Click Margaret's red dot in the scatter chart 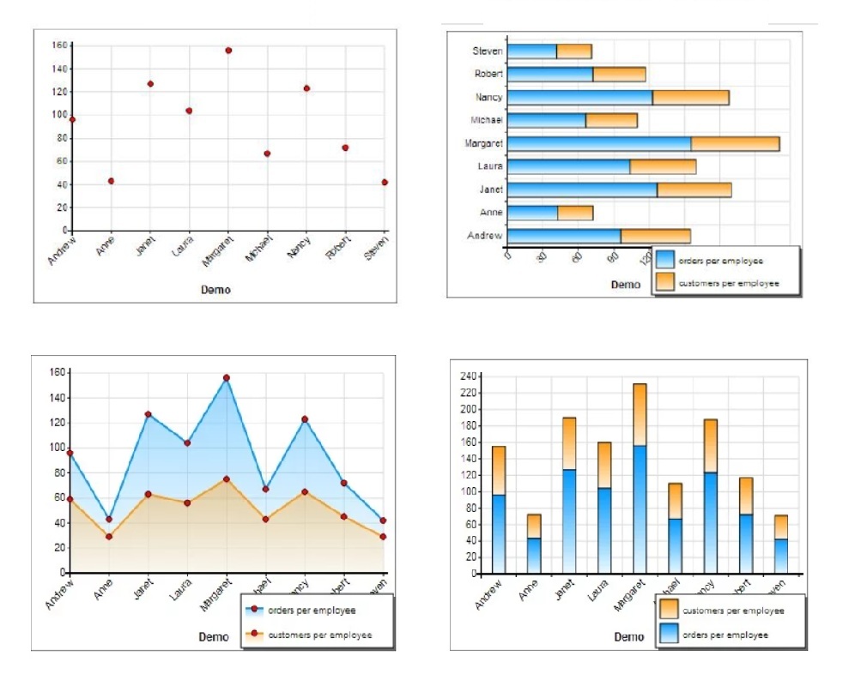click(228, 51)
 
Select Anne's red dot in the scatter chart click(111, 181)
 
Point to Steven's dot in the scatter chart click(385, 182)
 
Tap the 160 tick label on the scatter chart click(59, 45)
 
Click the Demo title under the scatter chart click(215, 290)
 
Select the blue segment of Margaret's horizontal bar click(599, 143)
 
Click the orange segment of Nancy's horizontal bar click(690, 98)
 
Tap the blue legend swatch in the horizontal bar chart click(665, 261)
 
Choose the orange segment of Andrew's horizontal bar click(655, 235)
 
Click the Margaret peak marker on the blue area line click(227, 377)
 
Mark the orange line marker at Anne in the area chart click(108, 537)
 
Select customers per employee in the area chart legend click(319, 635)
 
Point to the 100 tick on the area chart click(58, 448)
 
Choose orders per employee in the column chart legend click(725, 635)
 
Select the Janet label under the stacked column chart click(564, 591)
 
